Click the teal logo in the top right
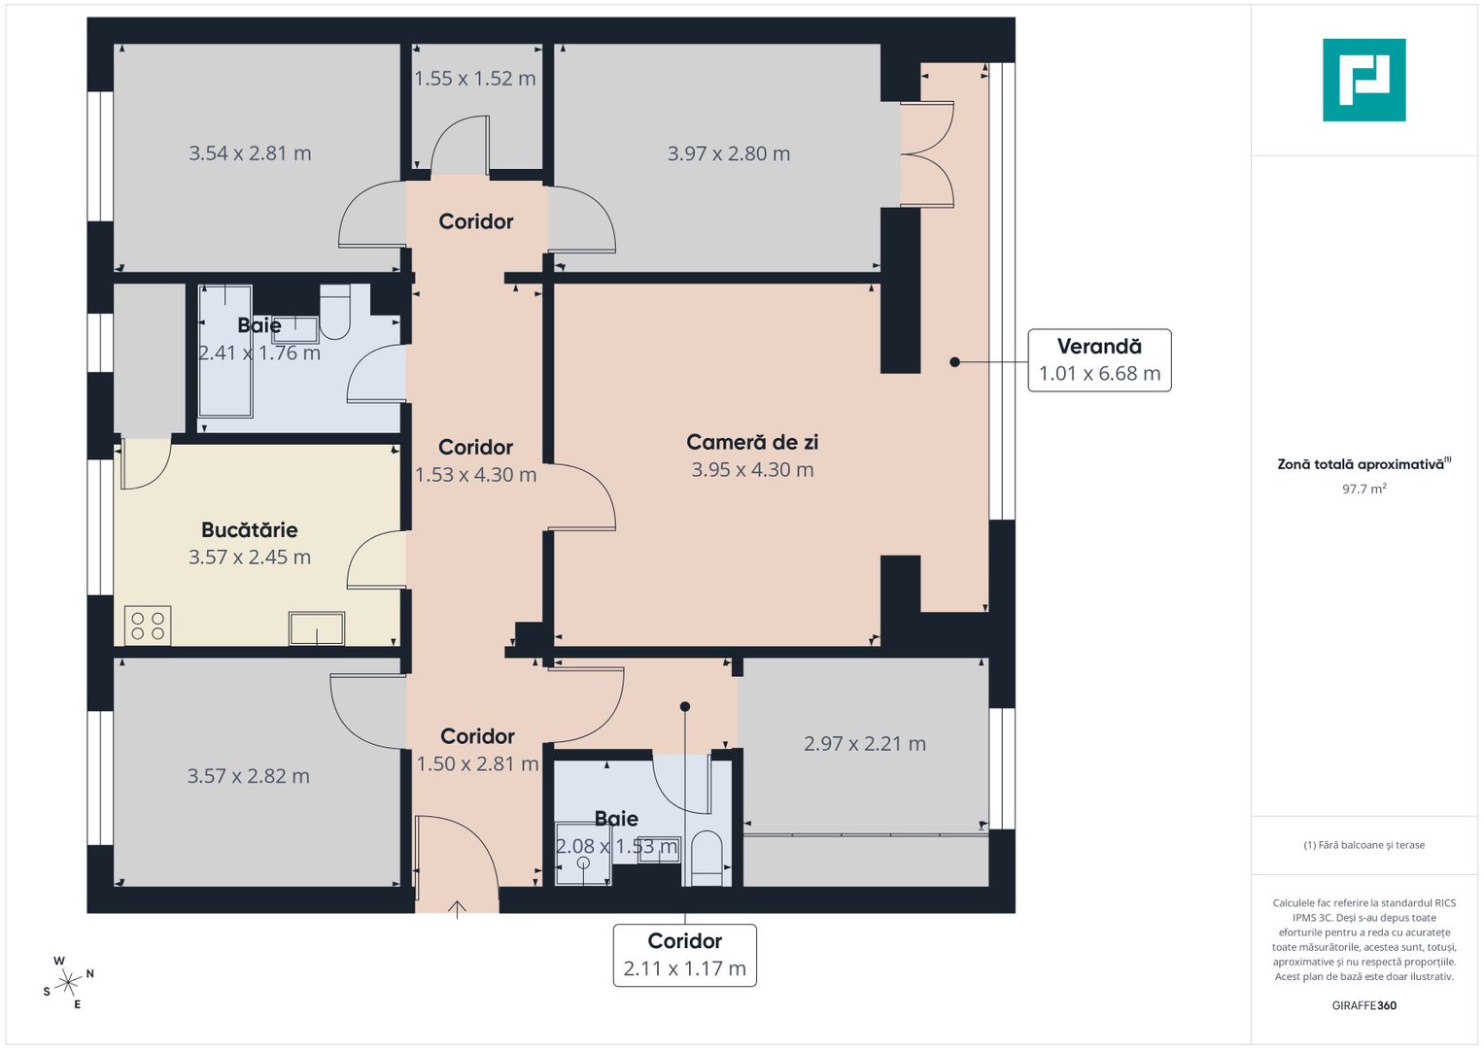[x=1363, y=80]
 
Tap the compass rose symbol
[x=67, y=983]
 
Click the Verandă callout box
[x=1099, y=360]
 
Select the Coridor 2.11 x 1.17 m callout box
[x=684, y=955]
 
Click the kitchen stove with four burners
[x=148, y=626]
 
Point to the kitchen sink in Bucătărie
[x=317, y=628]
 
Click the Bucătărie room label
[x=250, y=530]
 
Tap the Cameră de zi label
[x=752, y=443]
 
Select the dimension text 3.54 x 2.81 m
[x=250, y=153]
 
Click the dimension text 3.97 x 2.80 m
[x=729, y=153]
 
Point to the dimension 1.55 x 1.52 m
[x=475, y=79]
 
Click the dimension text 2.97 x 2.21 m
[x=864, y=744]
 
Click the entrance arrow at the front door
[x=457, y=909]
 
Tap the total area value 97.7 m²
[x=1363, y=489]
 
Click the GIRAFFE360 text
[x=1363, y=1005]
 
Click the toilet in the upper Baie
[x=334, y=313]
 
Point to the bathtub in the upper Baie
[x=225, y=352]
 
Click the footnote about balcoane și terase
[x=1363, y=845]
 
